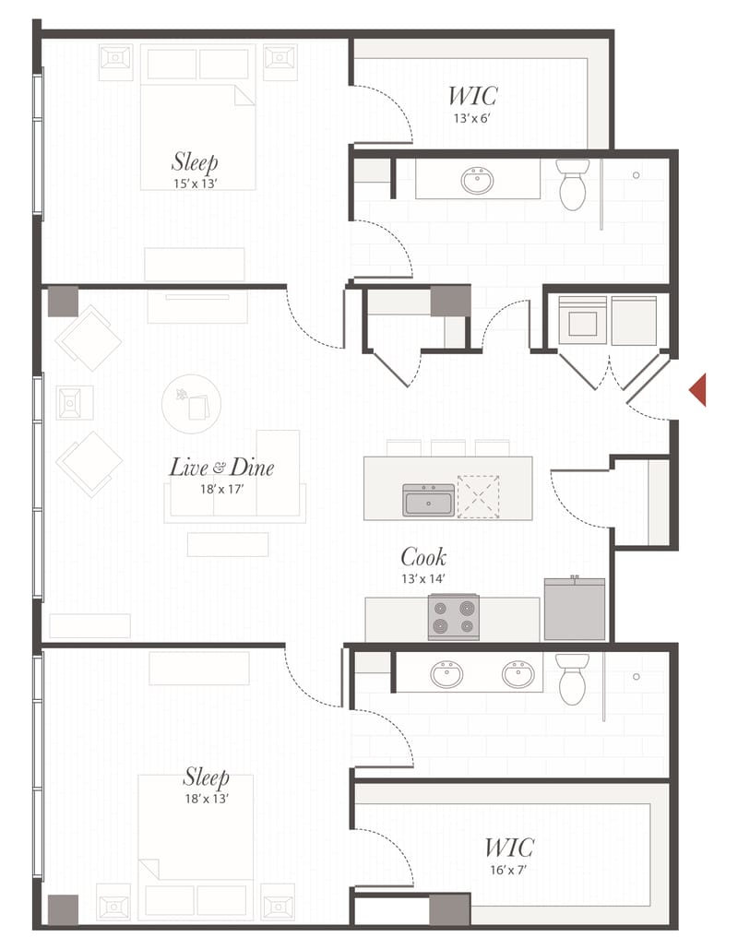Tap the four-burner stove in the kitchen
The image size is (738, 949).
tap(454, 617)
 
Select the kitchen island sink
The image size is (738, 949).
tap(429, 500)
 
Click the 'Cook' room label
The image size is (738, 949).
tap(423, 557)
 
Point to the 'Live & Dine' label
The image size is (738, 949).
tap(221, 467)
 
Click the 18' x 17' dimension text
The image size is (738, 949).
tap(221, 489)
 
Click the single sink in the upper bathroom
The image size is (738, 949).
tap(477, 180)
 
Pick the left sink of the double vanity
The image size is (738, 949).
tap(448, 674)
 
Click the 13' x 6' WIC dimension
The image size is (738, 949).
tap(472, 118)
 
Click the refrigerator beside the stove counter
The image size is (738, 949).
tap(575, 609)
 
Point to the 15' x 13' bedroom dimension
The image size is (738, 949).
tap(194, 184)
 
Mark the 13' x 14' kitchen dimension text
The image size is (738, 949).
tap(423, 578)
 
